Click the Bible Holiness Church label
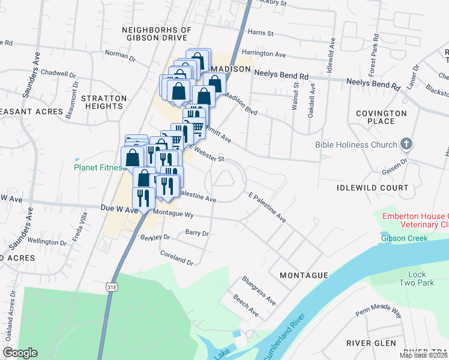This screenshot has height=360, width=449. click(356, 145)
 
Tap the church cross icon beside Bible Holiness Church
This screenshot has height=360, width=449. click(407, 144)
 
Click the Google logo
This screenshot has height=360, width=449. click(20, 353)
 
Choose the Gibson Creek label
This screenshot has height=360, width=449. click(404, 238)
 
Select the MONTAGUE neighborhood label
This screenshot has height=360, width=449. click(304, 275)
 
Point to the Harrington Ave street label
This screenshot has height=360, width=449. click(262, 54)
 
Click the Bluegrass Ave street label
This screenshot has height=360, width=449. click(259, 289)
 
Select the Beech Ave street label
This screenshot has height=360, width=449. click(246, 305)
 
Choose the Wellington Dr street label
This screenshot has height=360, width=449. click(47, 242)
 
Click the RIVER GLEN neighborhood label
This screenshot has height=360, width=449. click(371, 343)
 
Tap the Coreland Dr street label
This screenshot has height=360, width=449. click(177, 258)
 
